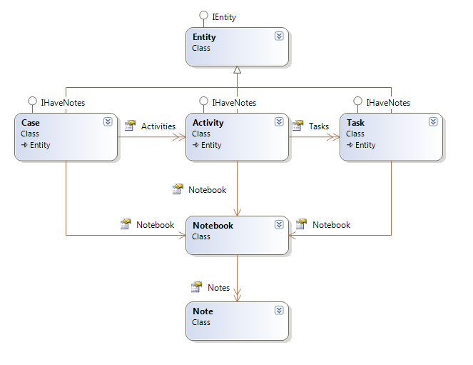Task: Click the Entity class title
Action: [204, 37]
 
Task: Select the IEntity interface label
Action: [224, 16]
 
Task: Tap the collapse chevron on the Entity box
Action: [279, 36]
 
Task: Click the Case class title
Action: [30, 123]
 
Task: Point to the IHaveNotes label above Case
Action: [63, 103]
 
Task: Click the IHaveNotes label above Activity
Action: [234, 103]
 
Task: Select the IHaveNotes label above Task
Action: [388, 103]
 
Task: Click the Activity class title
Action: [208, 123]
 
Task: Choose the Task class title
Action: [355, 123]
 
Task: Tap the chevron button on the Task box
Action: [433, 121]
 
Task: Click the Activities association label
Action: [158, 126]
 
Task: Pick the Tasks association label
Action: [319, 126]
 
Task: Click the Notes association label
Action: [218, 288]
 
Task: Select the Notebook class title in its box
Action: [213, 226]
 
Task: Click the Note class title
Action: [203, 311]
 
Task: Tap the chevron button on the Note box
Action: [279, 310]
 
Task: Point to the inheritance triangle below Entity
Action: [237, 70]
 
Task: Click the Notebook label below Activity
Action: [207, 190]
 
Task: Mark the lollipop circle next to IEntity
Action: [203, 16]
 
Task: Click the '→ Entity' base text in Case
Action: [36, 146]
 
